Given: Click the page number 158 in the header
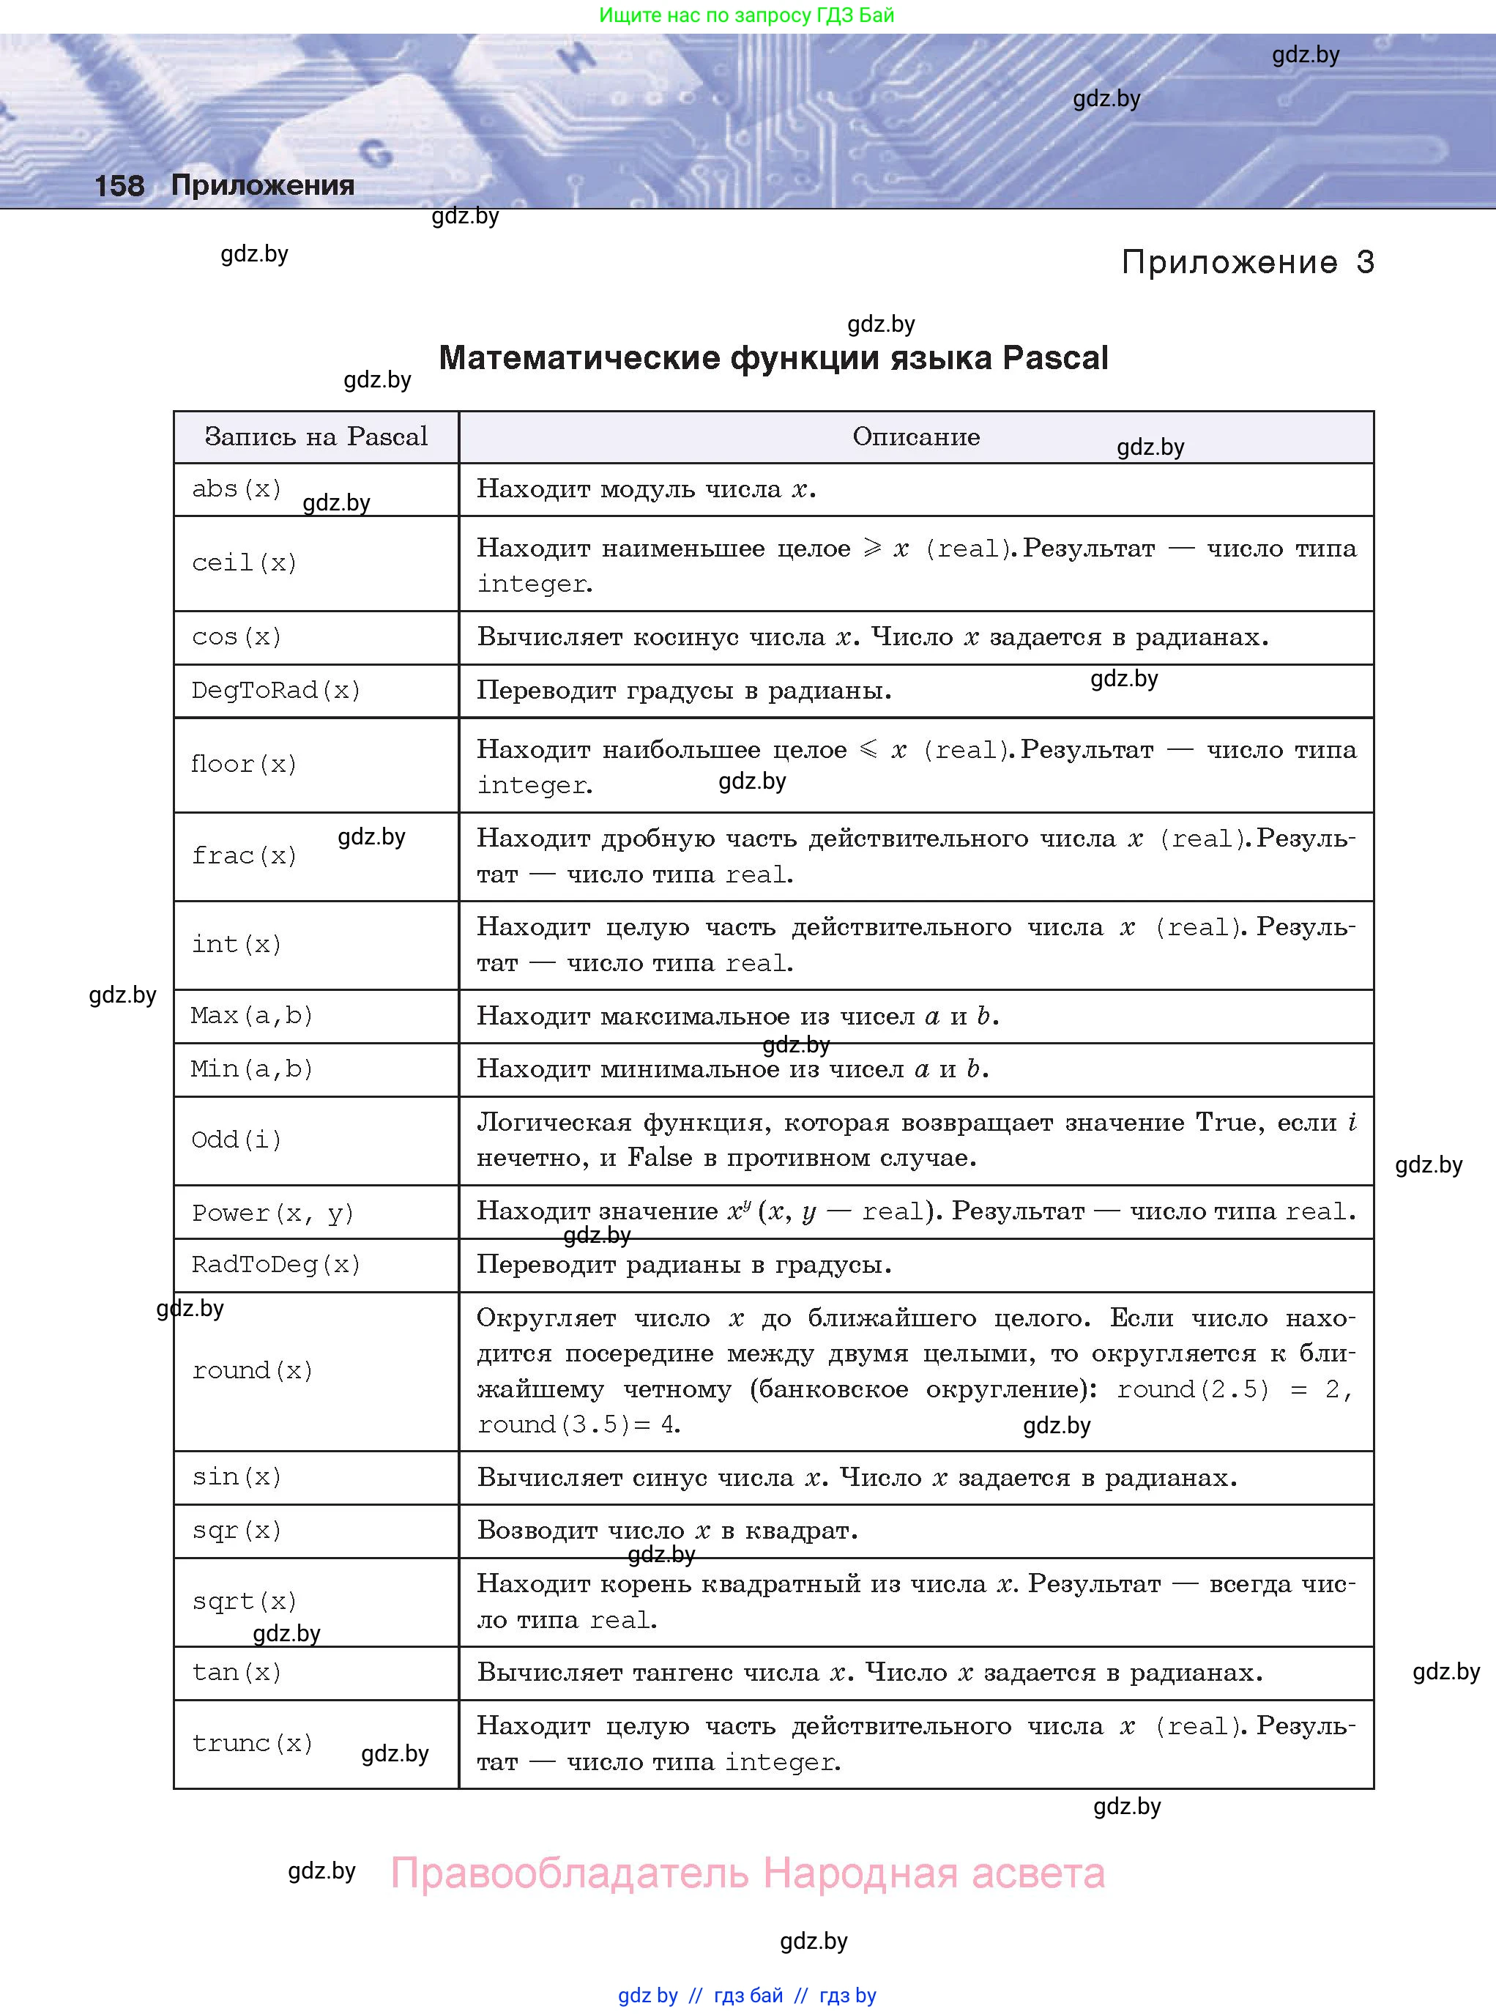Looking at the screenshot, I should (119, 185).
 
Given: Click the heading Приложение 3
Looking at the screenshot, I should (1247, 263).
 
